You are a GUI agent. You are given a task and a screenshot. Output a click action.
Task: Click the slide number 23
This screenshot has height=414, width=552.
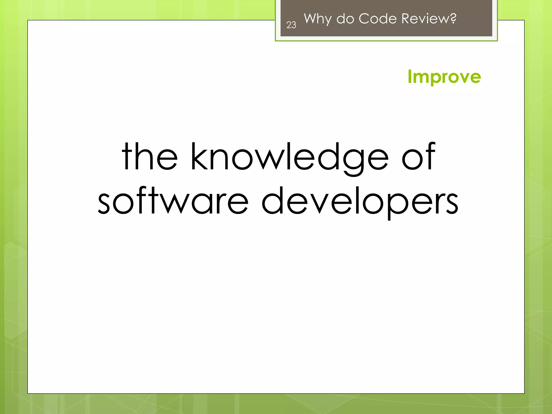(291, 25)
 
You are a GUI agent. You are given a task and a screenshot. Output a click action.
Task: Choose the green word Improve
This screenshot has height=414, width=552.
(444, 77)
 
